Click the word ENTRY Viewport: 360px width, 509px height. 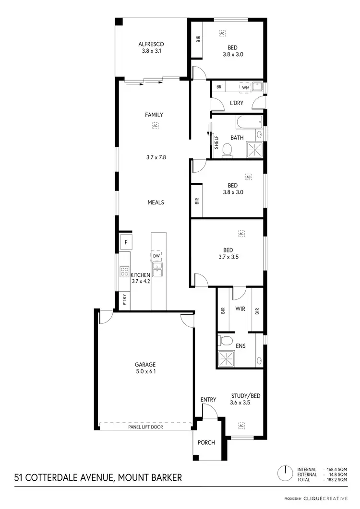coord(208,400)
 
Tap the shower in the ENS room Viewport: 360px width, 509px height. coord(225,358)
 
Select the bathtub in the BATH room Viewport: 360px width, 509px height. coord(249,122)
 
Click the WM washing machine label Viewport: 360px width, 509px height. coord(245,87)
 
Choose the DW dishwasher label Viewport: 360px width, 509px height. coord(156,256)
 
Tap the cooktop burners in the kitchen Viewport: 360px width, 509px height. coord(124,273)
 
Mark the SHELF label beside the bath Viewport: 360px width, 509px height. coord(216,142)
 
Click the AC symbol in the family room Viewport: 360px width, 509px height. coord(155,126)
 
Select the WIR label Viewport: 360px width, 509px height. coord(240,309)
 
